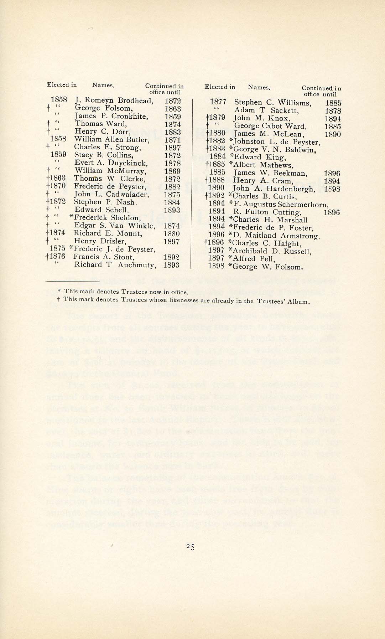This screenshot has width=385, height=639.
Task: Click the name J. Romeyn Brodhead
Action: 114,101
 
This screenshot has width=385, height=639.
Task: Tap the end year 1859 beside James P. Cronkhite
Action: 173,117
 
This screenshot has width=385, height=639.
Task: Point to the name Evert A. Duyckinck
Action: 111,163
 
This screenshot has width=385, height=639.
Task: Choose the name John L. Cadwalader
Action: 111,194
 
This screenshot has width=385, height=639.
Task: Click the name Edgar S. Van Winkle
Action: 114,226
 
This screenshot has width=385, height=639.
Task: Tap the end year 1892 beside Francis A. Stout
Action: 172,257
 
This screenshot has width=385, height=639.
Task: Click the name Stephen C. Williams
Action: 272,103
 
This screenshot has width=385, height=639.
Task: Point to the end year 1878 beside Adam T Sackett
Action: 333,111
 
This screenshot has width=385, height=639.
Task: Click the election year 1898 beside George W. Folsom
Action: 216,266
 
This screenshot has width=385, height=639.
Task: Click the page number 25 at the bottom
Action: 191,547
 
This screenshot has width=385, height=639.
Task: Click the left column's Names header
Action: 103,85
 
